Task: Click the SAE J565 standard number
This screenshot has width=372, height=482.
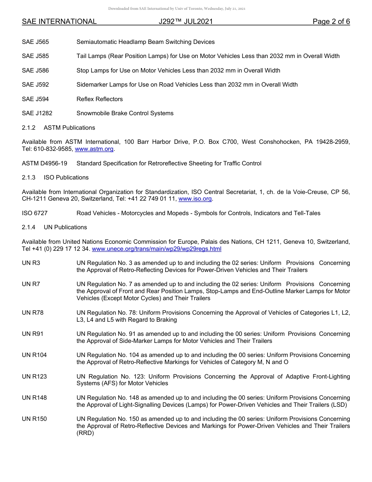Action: (x=35, y=42)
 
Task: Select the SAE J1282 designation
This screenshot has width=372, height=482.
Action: (x=37, y=113)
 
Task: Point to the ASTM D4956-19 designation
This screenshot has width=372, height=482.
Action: (x=45, y=163)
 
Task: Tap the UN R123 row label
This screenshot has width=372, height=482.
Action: (x=34, y=377)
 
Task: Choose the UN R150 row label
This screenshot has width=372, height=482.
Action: (x=34, y=419)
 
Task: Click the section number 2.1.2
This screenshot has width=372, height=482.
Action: (x=29, y=128)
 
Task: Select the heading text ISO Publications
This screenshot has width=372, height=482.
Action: (x=66, y=178)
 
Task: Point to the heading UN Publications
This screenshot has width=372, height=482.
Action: (x=65, y=227)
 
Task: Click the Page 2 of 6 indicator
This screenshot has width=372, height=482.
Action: (x=331, y=22)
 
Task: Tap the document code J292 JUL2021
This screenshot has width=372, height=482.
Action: (x=186, y=22)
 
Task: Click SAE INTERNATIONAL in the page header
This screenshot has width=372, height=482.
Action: (x=59, y=22)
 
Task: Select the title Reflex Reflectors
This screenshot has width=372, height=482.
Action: (x=99, y=99)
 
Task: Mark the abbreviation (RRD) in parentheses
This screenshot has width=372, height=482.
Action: (x=85, y=433)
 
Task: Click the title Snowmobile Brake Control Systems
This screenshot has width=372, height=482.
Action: (x=125, y=113)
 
